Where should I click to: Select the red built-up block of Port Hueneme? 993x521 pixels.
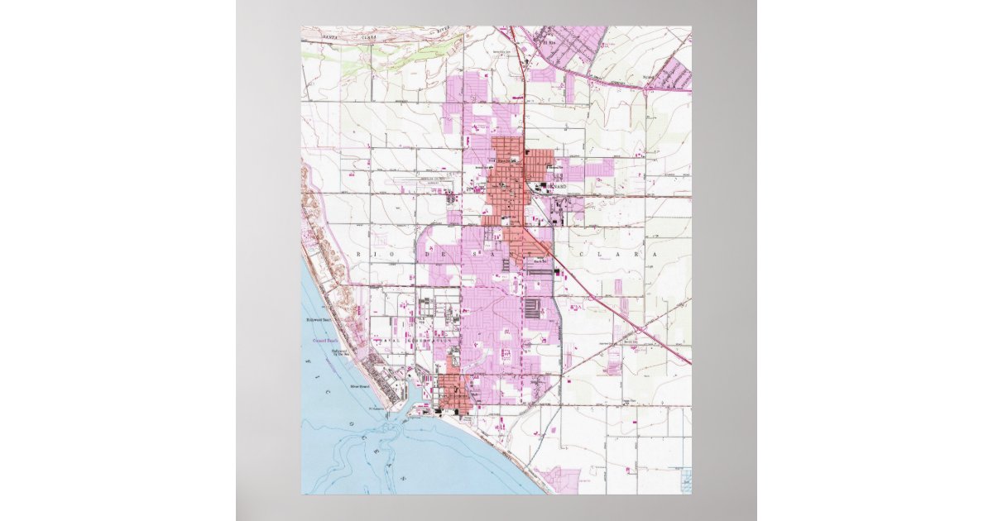453,393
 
